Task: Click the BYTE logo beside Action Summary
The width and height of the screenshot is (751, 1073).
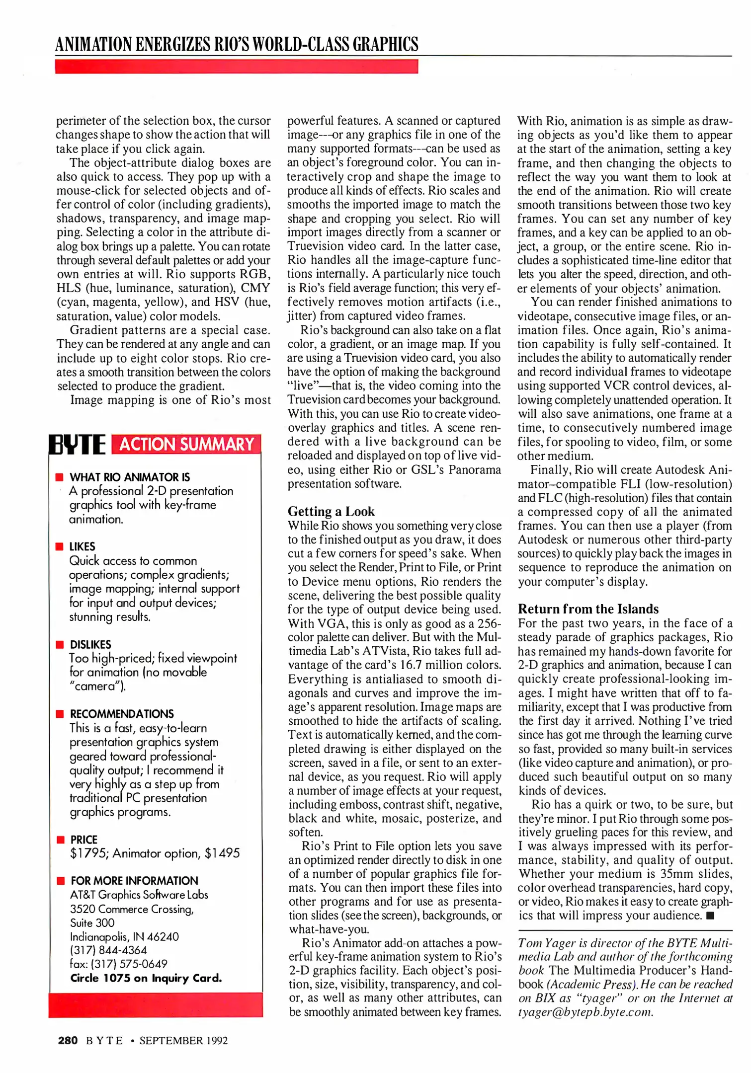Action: [x=78, y=444]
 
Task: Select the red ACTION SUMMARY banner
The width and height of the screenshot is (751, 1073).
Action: [x=186, y=444]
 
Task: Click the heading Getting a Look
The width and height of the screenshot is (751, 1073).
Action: [x=331, y=511]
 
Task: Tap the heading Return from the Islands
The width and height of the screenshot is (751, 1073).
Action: [x=588, y=609]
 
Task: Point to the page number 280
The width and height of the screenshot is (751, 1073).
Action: [x=68, y=1040]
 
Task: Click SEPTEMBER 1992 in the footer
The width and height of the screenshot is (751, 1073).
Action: [x=183, y=1040]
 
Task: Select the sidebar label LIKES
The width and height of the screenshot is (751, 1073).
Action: [x=83, y=546]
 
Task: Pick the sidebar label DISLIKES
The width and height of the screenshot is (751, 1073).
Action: [x=90, y=644]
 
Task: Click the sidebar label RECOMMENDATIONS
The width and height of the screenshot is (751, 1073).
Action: [x=122, y=714]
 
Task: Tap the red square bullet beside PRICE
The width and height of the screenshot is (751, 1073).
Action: [x=61, y=840]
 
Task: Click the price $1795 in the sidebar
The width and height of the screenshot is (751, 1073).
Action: [x=89, y=853]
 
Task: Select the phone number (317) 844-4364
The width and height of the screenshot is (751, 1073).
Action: [x=108, y=950]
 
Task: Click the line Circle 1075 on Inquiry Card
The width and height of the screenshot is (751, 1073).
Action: [x=146, y=978]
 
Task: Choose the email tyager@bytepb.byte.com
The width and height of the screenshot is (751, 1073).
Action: [x=585, y=1012]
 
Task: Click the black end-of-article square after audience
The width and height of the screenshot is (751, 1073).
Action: [x=710, y=916]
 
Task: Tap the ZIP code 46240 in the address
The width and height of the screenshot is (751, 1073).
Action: [x=163, y=936]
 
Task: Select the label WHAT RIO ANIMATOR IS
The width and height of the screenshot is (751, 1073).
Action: [x=130, y=477]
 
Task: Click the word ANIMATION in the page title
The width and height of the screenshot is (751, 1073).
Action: [x=93, y=44]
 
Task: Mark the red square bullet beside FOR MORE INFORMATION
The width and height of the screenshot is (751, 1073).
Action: [x=61, y=881]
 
